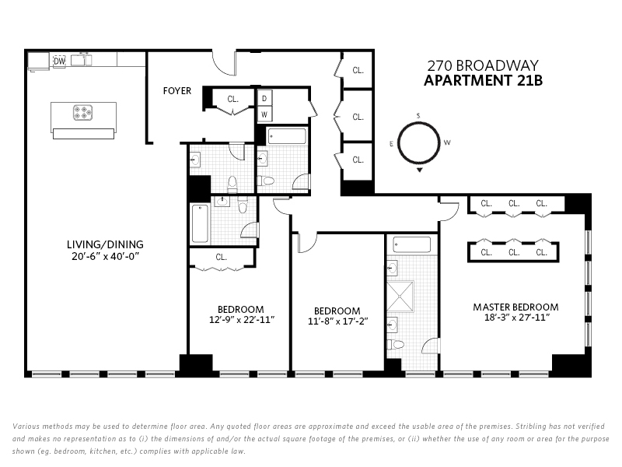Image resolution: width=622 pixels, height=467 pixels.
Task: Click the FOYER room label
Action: tap(177, 91)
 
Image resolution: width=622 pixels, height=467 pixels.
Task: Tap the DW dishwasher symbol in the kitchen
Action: tap(60, 61)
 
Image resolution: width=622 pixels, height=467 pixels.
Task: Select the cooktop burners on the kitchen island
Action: tap(83, 112)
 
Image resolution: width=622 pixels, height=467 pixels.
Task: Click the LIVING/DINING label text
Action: tap(105, 244)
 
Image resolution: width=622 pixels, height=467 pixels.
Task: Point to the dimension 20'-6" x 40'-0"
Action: tap(105, 257)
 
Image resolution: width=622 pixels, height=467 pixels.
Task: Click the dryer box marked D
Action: tap(264, 98)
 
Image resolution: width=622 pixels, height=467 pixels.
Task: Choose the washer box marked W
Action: tap(264, 114)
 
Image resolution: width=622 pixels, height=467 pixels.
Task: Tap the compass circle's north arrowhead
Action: tap(420, 170)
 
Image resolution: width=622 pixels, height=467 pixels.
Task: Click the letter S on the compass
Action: tap(418, 116)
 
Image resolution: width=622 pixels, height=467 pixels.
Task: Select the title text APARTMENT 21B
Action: tap(483, 81)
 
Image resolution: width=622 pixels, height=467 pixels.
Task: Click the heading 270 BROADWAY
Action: tap(483, 65)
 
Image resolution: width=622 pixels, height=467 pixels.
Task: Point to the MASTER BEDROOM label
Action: tap(515, 307)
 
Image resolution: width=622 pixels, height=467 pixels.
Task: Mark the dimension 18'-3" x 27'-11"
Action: tap(516, 318)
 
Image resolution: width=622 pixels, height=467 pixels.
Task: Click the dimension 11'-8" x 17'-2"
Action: tap(338, 321)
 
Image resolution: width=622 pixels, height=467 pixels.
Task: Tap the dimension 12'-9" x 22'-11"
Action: tap(242, 320)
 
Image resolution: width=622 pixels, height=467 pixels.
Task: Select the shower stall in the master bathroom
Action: tap(400, 297)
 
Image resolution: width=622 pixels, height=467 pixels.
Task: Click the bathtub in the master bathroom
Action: tap(412, 244)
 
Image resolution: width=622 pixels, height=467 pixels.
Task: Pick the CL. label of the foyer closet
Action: tap(232, 99)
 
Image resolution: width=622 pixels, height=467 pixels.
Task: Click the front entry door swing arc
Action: tap(223, 65)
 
